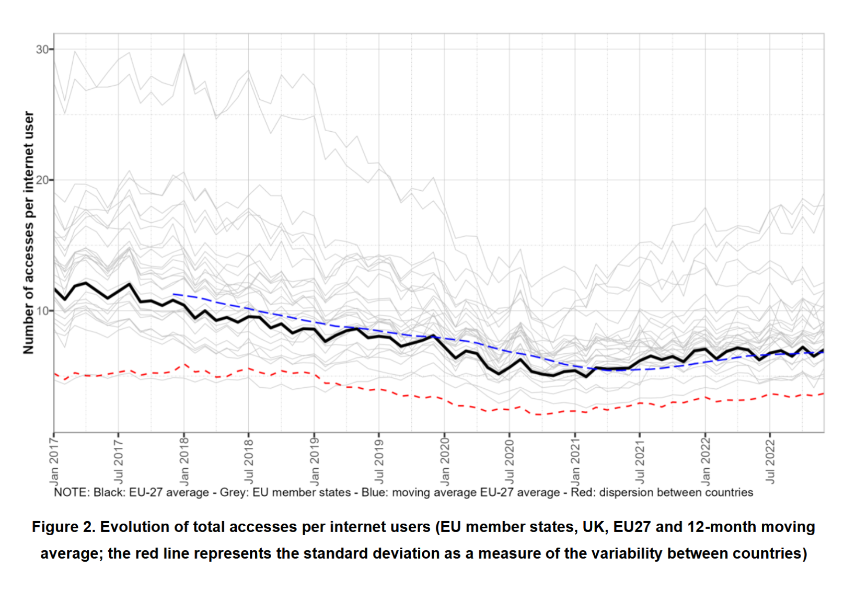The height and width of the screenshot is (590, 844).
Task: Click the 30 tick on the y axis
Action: [x=42, y=49]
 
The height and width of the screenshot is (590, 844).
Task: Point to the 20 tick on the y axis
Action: [x=42, y=180]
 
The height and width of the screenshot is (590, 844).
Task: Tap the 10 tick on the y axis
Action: [x=42, y=310]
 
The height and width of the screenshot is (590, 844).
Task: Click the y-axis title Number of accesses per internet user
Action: [x=28, y=233]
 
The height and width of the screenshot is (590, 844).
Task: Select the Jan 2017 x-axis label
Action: [x=54, y=460]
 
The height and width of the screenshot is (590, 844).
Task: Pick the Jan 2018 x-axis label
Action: [x=184, y=460]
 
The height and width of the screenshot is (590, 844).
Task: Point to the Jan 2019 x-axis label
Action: [x=314, y=460]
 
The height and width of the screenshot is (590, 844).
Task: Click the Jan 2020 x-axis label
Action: [x=444, y=460]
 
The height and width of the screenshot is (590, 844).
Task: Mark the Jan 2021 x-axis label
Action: [x=575, y=460]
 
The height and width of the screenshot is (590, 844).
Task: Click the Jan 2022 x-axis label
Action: [x=705, y=460]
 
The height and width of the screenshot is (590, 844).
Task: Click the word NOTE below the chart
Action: [x=71, y=492]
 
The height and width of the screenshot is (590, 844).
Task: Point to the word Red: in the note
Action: [x=583, y=492]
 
